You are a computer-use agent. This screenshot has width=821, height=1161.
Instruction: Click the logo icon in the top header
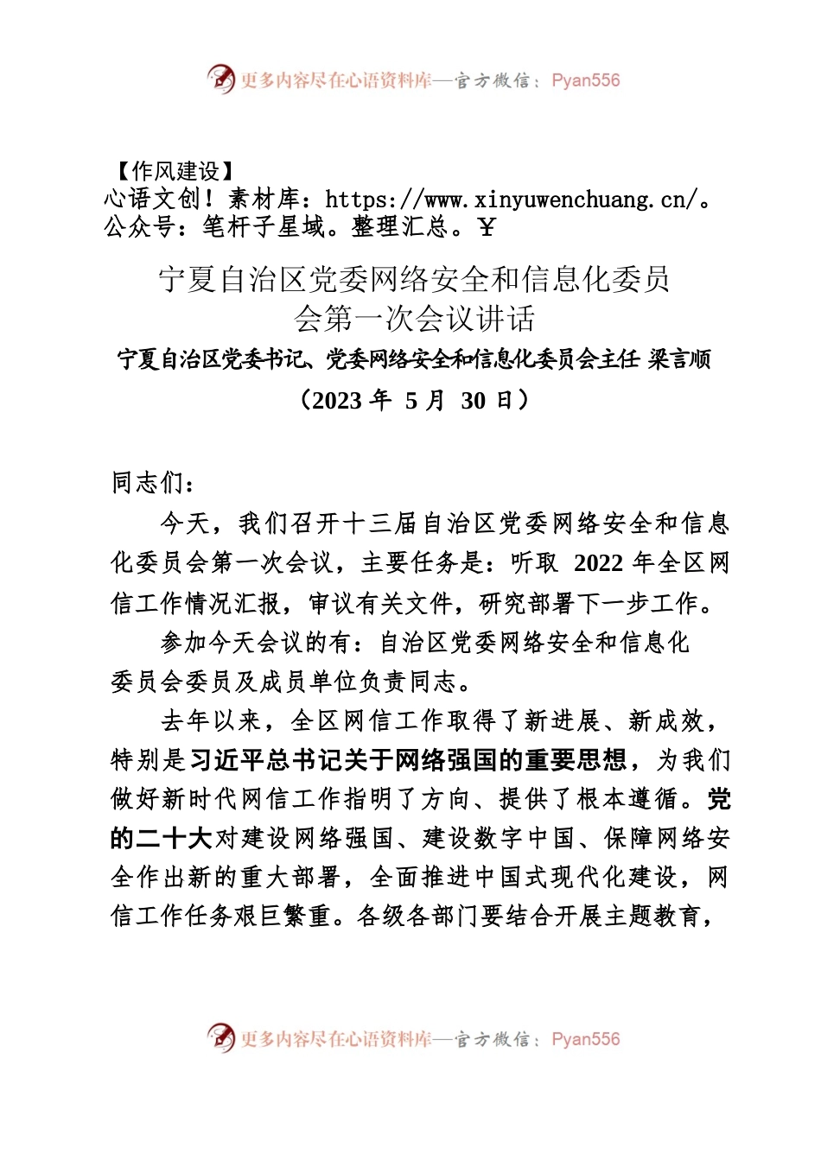(x=221, y=79)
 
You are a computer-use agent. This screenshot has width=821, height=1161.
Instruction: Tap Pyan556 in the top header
(x=586, y=80)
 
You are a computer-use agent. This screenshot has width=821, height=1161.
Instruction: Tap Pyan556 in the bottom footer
(x=586, y=1039)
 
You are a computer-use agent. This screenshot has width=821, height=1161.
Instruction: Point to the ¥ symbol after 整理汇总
(x=487, y=227)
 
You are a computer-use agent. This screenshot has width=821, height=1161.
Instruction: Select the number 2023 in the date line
(x=335, y=400)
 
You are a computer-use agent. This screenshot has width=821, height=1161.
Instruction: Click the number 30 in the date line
(x=474, y=400)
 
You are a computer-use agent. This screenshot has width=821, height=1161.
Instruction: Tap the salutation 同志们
(x=148, y=482)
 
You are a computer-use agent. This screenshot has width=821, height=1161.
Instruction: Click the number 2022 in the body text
(x=598, y=563)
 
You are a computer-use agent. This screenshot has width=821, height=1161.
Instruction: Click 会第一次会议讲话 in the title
(x=415, y=319)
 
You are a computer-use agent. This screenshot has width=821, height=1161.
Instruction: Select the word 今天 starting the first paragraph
(x=185, y=523)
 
